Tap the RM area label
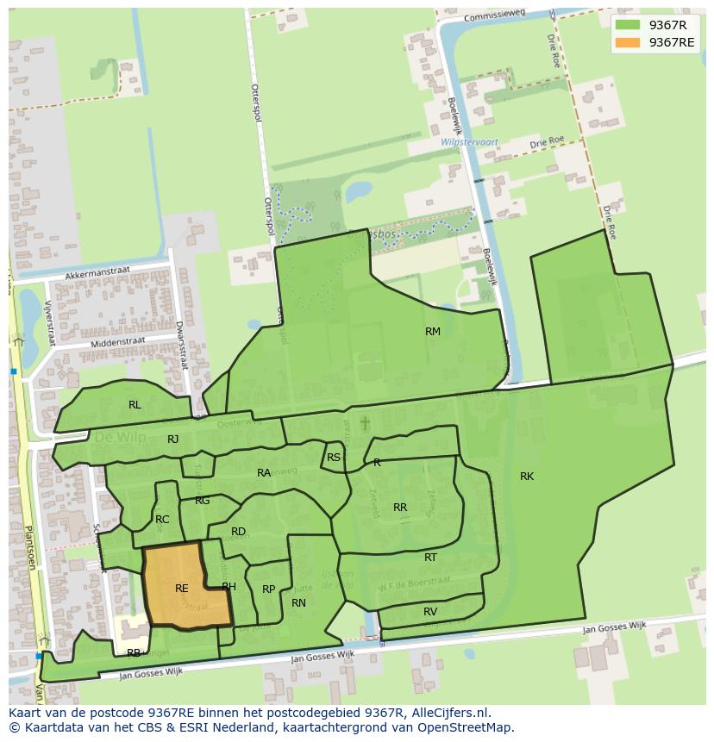tap(433, 332)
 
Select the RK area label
tap(527, 477)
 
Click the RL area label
tap(135, 405)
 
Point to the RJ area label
tap(173, 440)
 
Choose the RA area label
tap(264, 473)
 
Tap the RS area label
tap(334, 458)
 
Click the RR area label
tap(400, 508)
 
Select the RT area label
tap(430, 558)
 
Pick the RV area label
tap(430, 612)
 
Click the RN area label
tap(298, 603)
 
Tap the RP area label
tap(268, 589)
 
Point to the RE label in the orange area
tap(181, 589)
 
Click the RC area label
tap(162, 520)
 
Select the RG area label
tap(203, 501)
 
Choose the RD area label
tap(238, 532)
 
